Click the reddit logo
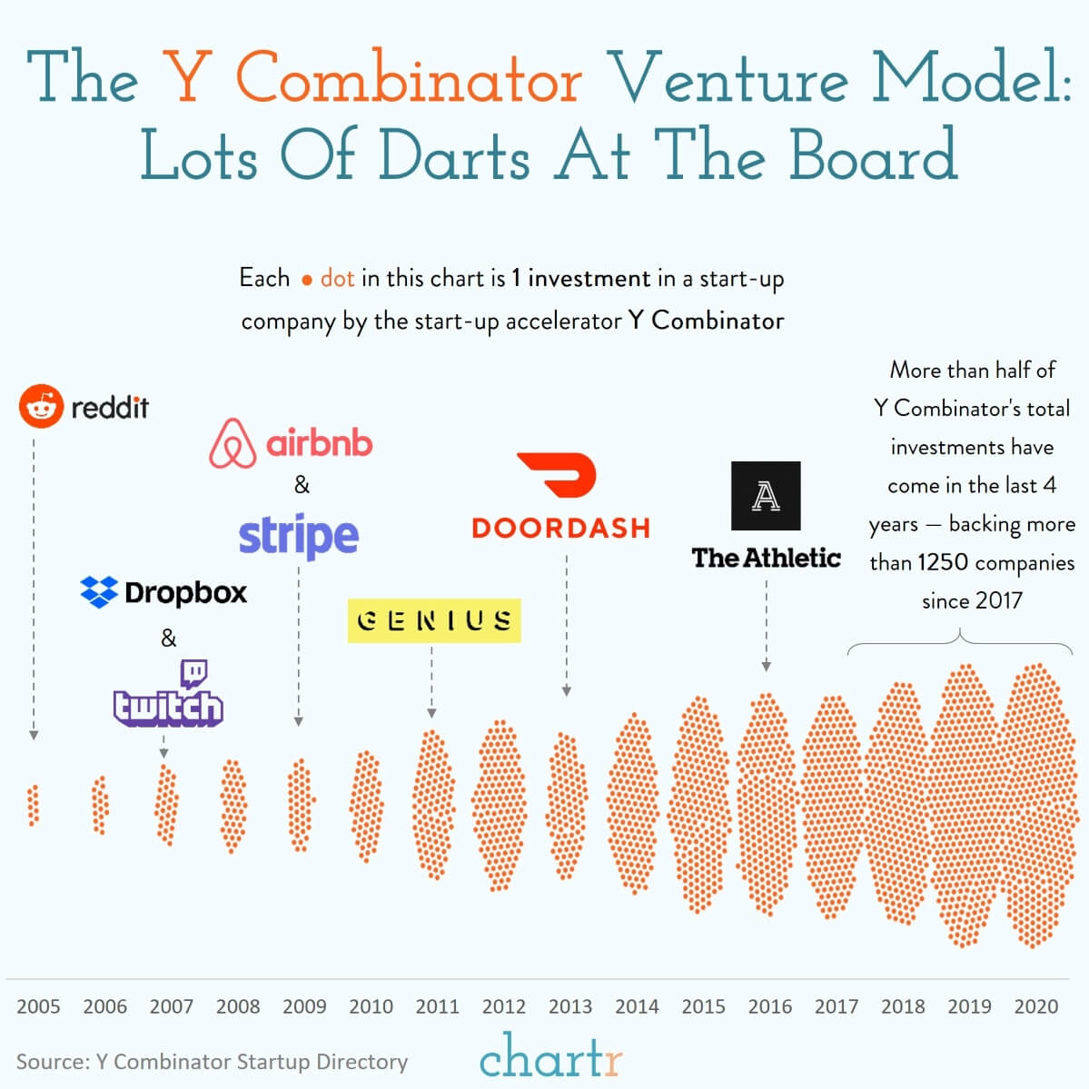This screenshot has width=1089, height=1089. pyautogui.click(x=84, y=406)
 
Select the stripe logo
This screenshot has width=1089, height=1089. pyautogui.click(x=299, y=536)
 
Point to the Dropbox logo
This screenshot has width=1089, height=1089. pyautogui.click(x=163, y=592)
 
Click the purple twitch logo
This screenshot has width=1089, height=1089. pyautogui.click(x=168, y=696)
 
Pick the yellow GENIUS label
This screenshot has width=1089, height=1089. pyautogui.click(x=434, y=620)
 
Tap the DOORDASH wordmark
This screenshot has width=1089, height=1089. pyautogui.click(x=560, y=528)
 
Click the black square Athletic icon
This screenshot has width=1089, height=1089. pyautogui.click(x=766, y=496)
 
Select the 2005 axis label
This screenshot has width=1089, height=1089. pyautogui.click(x=38, y=1006)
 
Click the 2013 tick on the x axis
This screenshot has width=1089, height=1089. pyautogui.click(x=570, y=1006)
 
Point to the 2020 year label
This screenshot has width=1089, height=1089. pyautogui.click(x=1036, y=1006)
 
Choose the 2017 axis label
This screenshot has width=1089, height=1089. pyautogui.click(x=837, y=1006)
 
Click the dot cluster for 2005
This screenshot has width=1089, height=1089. pyautogui.click(x=34, y=805)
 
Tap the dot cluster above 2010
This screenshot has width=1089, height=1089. pyautogui.click(x=366, y=807)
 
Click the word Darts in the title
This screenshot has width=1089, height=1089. pyautogui.click(x=453, y=155)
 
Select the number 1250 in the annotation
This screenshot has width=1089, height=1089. pyautogui.click(x=942, y=562)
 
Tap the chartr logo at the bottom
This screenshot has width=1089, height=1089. pyautogui.click(x=550, y=1056)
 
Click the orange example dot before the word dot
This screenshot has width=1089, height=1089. pyautogui.click(x=307, y=281)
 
